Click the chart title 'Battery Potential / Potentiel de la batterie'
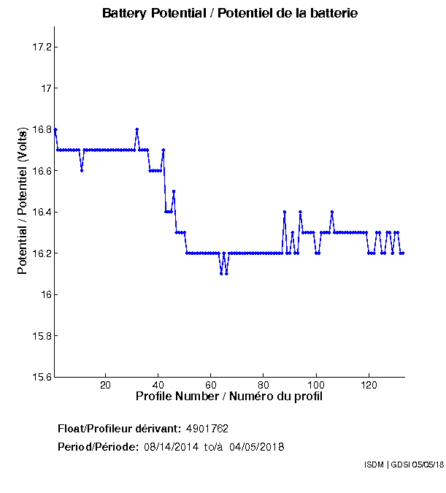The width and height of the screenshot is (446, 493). point(230,14)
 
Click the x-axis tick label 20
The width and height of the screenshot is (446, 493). point(105,385)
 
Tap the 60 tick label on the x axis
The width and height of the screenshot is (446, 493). point(211,385)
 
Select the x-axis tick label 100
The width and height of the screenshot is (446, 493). point(316,385)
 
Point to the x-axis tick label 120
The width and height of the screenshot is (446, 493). point(369,385)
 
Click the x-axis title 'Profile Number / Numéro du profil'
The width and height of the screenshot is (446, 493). point(229,397)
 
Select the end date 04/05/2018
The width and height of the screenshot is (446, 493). point(256,447)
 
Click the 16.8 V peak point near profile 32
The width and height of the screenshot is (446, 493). point(137,129)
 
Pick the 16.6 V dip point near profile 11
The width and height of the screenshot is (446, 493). point(82,170)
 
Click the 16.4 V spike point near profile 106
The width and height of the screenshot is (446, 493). point(332,212)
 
